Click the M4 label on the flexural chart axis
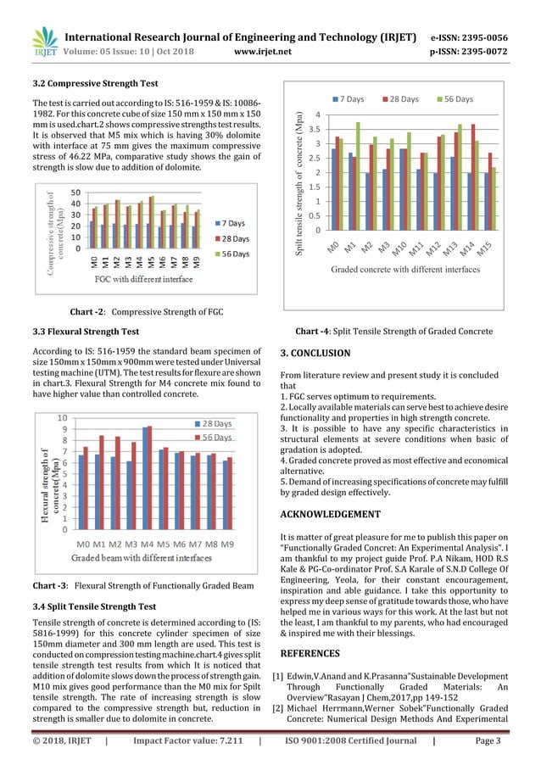tap(147, 543)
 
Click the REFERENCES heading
tap(313, 654)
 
